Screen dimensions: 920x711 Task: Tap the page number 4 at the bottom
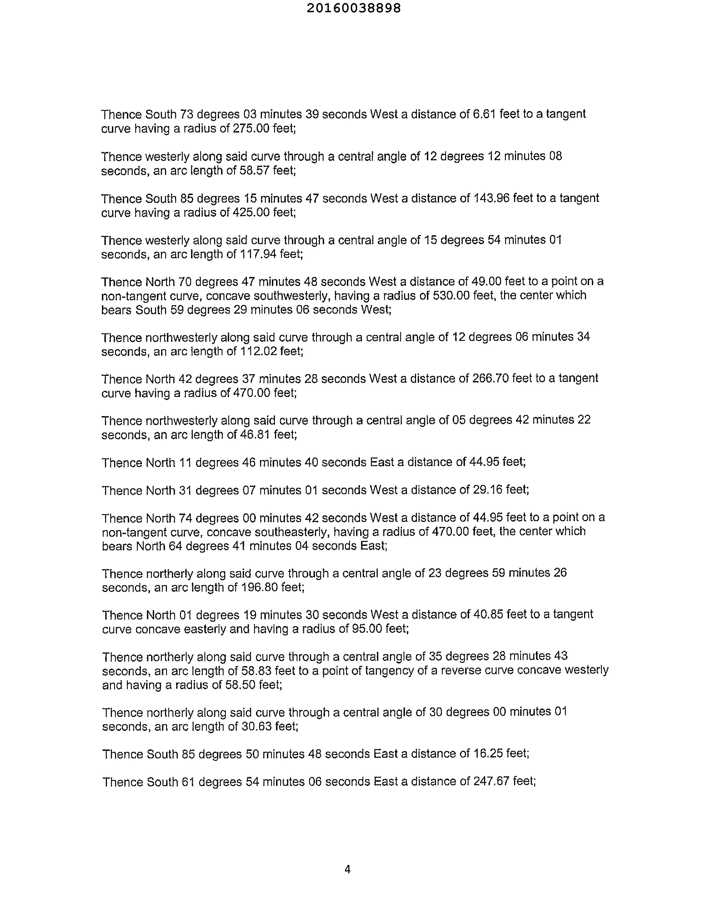tap(347, 869)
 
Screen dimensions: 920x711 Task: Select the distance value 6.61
tap(484, 114)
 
